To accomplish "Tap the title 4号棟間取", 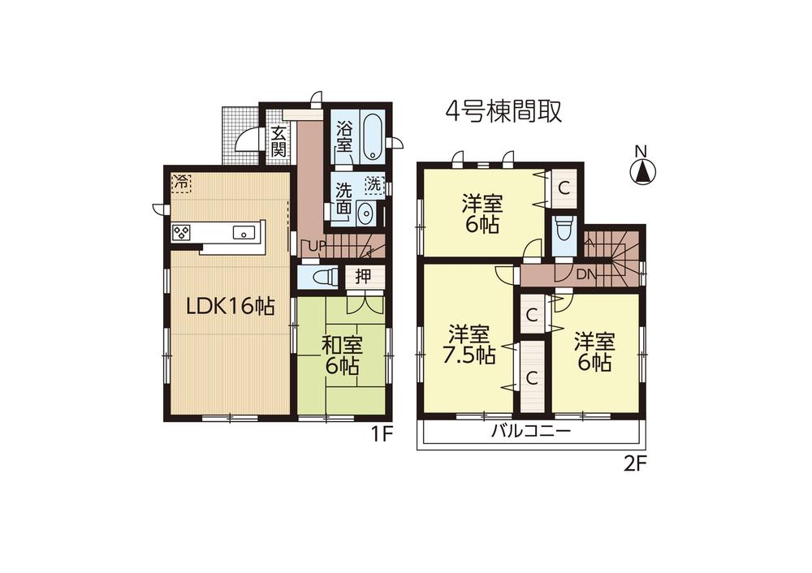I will (x=503, y=111).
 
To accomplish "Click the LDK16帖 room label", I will (x=229, y=306).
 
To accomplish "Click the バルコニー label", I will (x=531, y=431).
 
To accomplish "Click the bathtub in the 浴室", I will (x=373, y=138).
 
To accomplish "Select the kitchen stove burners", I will (x=182, y=233).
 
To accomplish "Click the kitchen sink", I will (x=242, y=233).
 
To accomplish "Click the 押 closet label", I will (x=363, y=275).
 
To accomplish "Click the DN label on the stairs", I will (x=585, y=274).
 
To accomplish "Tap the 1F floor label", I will (x=382, y=433).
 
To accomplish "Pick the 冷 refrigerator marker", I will (x=181, y=182).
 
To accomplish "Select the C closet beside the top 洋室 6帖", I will (x=564, y=186).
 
